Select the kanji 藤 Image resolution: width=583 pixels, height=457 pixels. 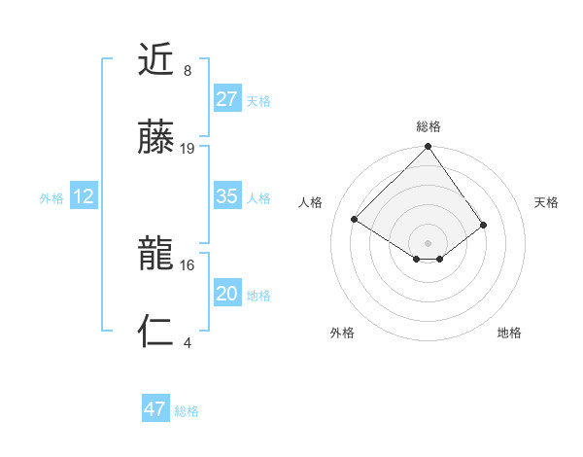coord(156,139)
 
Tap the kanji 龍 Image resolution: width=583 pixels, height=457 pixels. coord(156,255)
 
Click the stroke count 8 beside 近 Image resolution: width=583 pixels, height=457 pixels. coord(187,71)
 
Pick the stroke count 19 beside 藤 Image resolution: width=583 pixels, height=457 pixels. coord(188,149)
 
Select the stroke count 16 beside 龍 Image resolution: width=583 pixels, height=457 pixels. coord(188,264)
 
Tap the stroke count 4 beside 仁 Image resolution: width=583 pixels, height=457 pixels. coord(187,342)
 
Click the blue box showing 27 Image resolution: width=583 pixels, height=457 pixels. coord(226,98)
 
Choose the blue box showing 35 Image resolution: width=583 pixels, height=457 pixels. coord(226,196)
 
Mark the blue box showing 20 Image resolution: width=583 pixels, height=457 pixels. coord(226,294)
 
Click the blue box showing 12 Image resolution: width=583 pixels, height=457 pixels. coord(84,196)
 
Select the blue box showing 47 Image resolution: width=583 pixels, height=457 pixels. coord(155,409)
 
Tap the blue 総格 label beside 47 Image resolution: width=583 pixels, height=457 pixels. coord(187,411)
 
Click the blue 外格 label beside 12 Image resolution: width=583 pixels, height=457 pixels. coord(51,198)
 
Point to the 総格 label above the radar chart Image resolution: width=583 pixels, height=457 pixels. coord(429,126)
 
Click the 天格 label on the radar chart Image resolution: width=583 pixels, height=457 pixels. coord(547,202)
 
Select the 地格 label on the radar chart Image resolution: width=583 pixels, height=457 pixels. coord(509,333)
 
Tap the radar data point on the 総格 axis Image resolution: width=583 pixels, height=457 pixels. coord(429,148)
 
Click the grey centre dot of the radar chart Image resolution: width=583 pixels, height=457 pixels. coord(429,242)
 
